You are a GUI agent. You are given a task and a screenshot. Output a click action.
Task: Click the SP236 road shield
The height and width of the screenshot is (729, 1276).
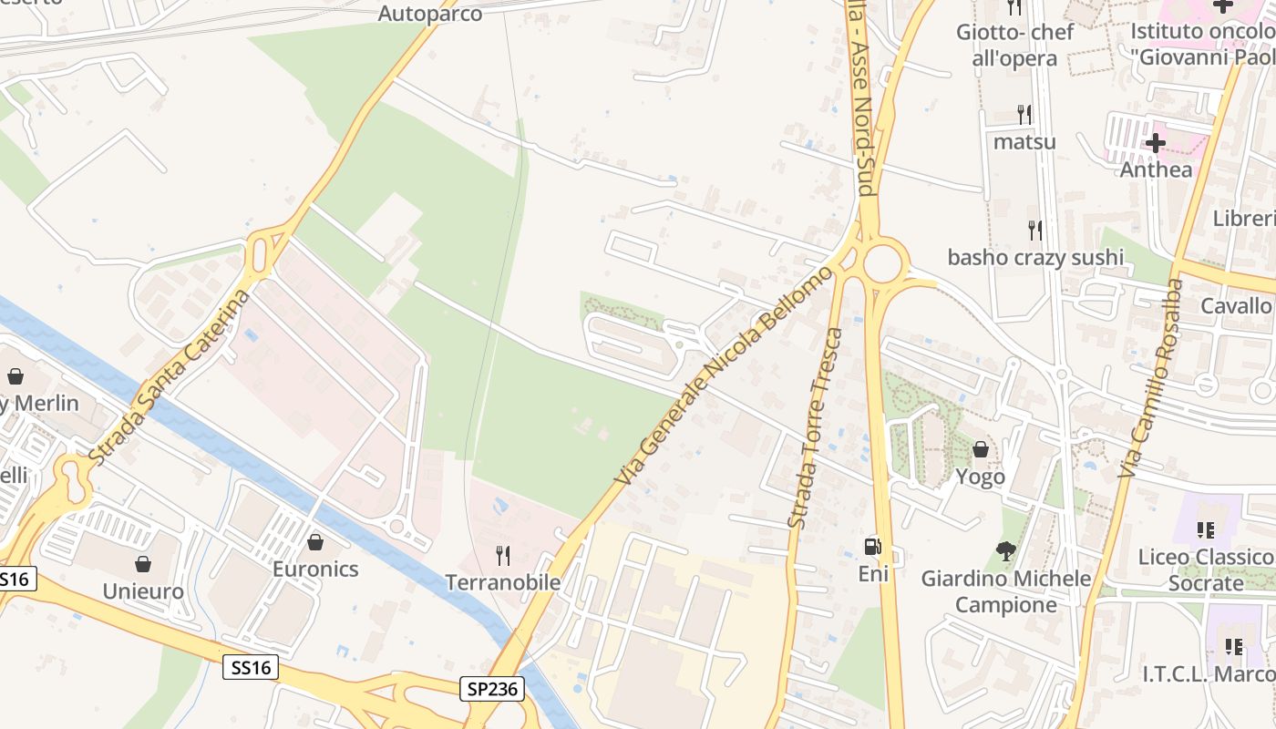495,689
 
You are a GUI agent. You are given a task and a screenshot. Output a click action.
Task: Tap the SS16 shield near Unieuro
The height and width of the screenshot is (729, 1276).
250,667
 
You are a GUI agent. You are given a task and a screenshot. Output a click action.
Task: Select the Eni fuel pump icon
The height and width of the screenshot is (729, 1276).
873,547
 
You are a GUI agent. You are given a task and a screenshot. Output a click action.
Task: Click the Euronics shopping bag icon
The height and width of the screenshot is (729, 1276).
315,542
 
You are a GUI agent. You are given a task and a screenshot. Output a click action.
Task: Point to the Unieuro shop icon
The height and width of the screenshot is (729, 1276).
142,564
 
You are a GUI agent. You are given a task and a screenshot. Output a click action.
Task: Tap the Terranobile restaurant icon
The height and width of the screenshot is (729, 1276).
502,554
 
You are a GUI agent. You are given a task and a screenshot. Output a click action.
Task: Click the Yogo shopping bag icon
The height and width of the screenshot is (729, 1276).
981,449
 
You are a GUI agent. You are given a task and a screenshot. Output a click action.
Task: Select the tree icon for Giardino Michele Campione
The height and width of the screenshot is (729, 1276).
1006,550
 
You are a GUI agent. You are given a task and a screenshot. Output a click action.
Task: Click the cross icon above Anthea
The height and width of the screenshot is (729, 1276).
1156,143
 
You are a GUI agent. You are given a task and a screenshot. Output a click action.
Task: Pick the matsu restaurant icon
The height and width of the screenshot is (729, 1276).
1024,115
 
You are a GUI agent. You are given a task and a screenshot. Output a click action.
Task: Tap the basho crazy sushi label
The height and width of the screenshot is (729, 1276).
1035,257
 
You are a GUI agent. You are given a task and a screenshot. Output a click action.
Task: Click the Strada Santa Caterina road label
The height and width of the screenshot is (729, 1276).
170,375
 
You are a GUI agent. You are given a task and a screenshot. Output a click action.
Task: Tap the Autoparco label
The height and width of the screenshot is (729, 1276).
429,13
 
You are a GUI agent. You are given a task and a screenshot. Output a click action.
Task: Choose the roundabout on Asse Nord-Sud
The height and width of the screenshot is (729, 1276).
882,263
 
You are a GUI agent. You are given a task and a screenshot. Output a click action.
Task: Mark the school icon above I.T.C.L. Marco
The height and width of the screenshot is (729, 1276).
1234,647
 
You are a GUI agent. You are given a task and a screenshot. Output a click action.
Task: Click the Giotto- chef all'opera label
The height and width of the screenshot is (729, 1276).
1014,45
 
